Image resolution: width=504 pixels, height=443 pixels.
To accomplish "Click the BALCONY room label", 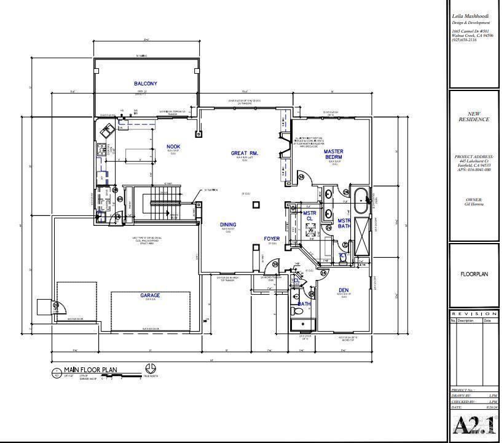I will pyautogui.click(x=146, y=84).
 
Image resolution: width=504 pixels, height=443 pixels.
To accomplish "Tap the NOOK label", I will pyautogui.click(x=173, y=146).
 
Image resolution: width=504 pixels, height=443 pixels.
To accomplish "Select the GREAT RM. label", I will pyautogui.click(x=244, y=153).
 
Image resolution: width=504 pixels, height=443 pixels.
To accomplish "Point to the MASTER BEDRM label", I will pyautogui.click(x=334, y=154).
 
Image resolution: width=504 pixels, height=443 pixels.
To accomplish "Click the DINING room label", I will pyautogui.click(x=228, y=225).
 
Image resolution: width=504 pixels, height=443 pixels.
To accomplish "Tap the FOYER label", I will pyautogui.click(x=272, y=239).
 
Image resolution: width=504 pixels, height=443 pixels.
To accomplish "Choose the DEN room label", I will pyautogui.click(x=344, y=290).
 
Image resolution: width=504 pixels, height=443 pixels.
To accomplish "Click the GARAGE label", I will pyautogui.click(x=150, y=295).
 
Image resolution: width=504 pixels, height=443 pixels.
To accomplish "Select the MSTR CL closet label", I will pyautogui.click(x=309, y=216).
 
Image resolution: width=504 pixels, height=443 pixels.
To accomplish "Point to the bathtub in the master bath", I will pyautogui.click(x=361, y=198).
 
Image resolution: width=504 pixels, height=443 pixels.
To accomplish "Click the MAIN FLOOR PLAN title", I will pyautogui.click(x=90, y=370).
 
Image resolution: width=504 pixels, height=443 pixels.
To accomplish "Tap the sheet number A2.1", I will pyautogui.click(x=473, y=425).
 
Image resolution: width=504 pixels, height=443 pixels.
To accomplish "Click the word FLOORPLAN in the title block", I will pyautogui.click(x=474, y=274).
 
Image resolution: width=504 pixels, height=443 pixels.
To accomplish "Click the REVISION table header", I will pyautogui.click(x=474, y=314).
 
